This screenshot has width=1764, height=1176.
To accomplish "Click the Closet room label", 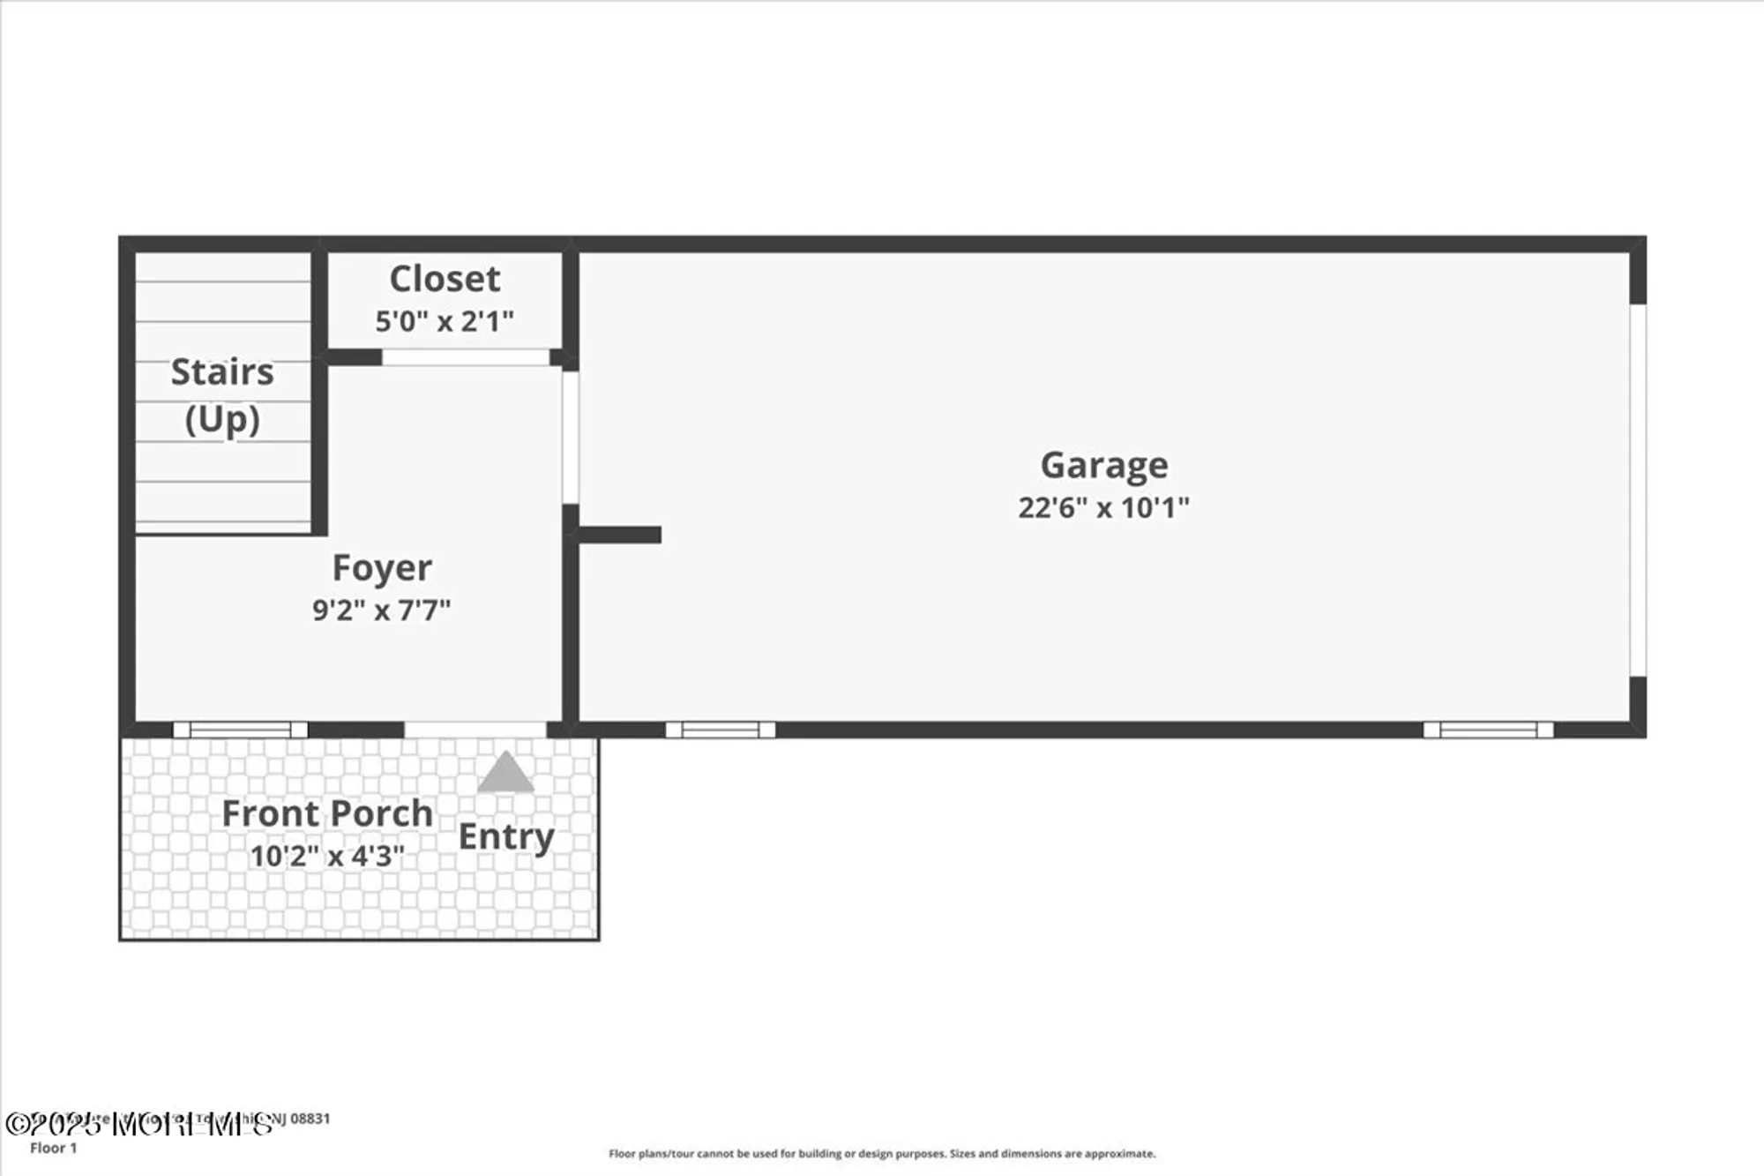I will pos(445,279).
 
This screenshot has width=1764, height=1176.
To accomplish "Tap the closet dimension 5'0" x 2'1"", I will pos(445,321).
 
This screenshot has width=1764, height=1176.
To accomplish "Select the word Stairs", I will pos(222,372).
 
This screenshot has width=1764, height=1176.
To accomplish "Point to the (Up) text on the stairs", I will pos(222,419).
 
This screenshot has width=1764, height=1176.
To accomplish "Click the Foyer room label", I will pos(382,568).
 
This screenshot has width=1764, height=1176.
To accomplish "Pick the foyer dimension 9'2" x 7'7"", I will pos(382,610).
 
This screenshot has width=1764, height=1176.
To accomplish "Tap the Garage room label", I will pos(1104,465).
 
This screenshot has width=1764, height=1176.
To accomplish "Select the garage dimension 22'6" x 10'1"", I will pos(1104,507).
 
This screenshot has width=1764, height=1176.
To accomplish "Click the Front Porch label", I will pos(327,813).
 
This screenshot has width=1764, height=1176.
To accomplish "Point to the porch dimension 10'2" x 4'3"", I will pos(327,856).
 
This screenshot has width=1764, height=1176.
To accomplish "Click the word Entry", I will pos(506,836).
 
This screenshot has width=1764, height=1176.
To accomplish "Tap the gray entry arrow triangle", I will pos(505,774).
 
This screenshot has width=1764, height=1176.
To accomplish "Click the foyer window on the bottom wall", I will pos(241,730).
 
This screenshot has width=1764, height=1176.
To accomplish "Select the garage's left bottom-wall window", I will pos(721,730).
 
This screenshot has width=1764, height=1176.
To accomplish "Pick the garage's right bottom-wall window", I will pos(1488,730).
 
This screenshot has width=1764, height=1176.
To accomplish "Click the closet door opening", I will pos(466,357).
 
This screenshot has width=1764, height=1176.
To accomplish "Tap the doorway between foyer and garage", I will pos(571,438).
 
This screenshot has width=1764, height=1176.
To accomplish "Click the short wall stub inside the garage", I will pos(620,535).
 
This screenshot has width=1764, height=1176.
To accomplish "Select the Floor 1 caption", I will pos(54,1148).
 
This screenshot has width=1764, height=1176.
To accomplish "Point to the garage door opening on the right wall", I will pos(1638,491).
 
